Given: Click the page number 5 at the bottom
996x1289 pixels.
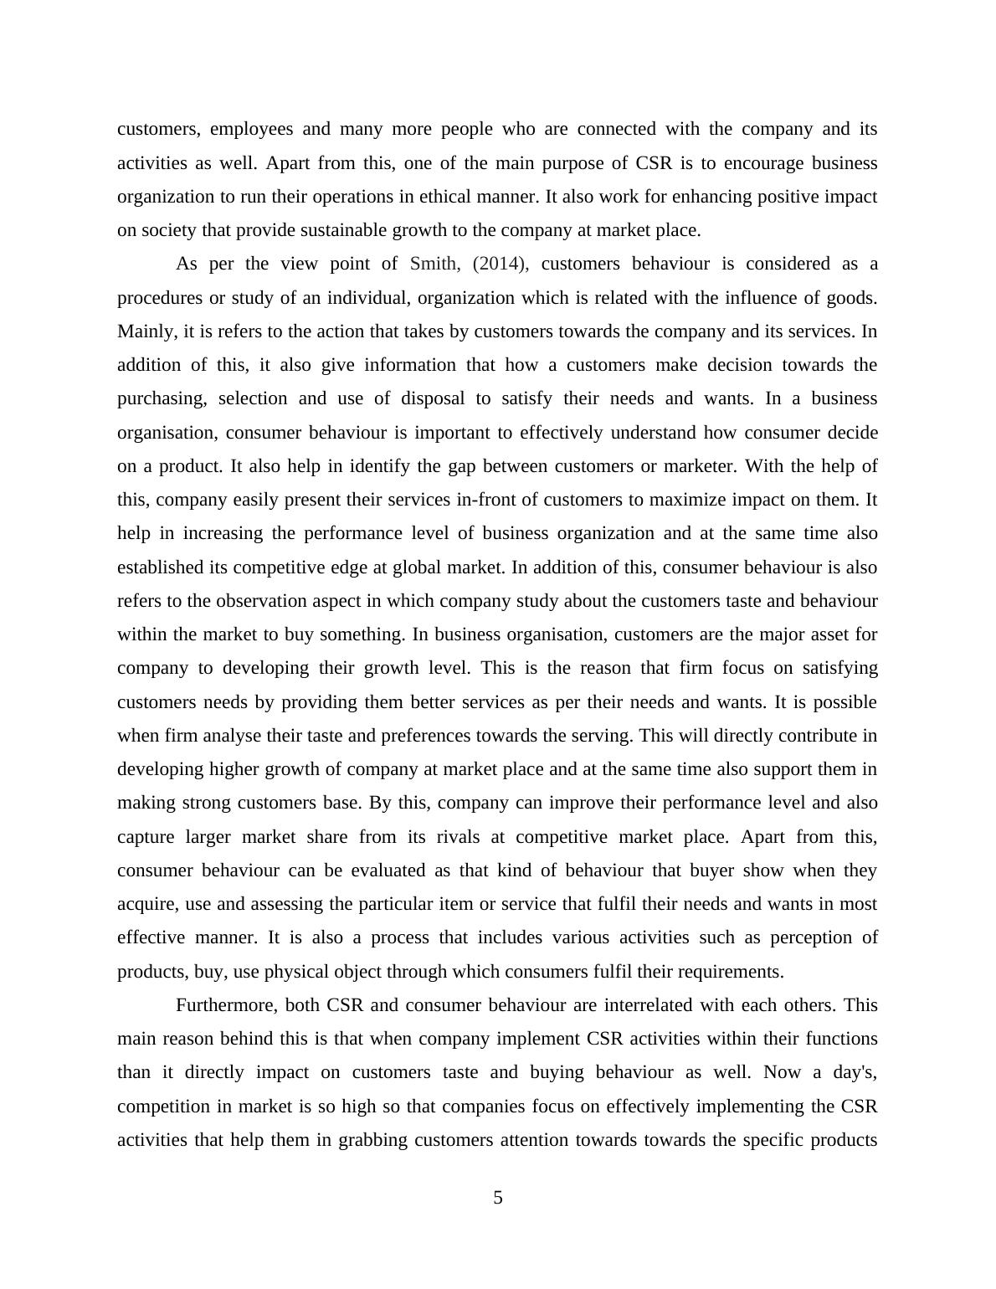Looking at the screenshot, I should [498, 1198].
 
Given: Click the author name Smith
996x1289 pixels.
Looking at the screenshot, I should [434, 264].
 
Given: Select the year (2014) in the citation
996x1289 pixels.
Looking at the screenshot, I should [501, 264].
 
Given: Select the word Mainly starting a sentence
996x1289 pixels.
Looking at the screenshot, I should [146, 331].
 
